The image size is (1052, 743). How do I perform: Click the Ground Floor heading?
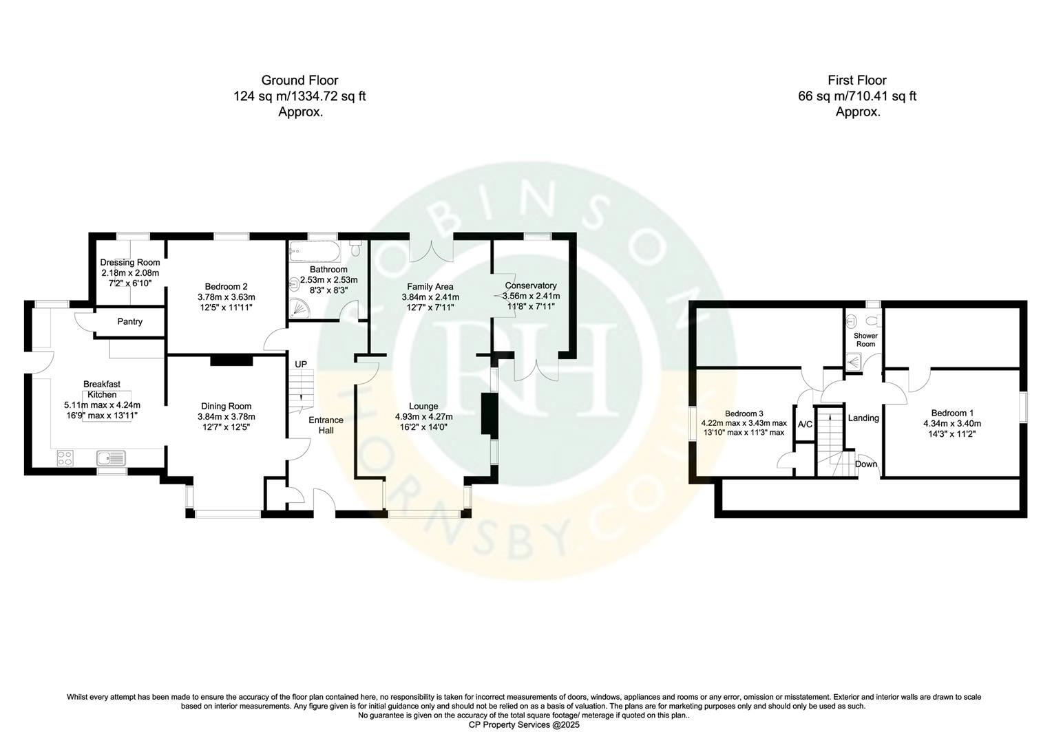coord(299,80)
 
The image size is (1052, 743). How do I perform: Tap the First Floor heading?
coord(857,80)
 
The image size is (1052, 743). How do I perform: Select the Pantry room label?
coord(129,321)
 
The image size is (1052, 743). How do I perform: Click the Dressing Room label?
coord(130,262)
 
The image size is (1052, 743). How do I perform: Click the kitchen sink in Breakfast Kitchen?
coord(110,458)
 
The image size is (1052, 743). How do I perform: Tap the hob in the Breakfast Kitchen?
coord(66,458)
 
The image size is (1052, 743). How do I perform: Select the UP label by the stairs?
coord(301,364)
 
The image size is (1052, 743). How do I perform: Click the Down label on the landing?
coord(866,464)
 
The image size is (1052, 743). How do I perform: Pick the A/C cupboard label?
coord(805,424)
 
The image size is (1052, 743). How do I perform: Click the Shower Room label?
coord(865,340)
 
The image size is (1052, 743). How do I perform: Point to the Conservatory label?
coord(531,286)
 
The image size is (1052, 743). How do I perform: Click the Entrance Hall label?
coord(326,425)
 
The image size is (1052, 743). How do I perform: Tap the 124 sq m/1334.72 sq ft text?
coord(299,96)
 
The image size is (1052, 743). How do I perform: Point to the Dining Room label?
coord(227,406)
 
